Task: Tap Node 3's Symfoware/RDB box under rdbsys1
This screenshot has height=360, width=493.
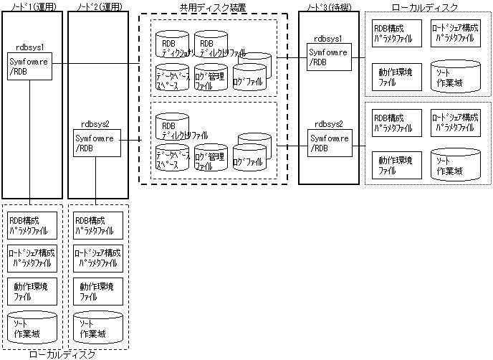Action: (x=329, y=57)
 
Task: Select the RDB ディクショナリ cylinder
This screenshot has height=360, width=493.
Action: (x=174, y=46)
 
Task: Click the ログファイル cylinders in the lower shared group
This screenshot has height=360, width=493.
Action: (x=252, y=153)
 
